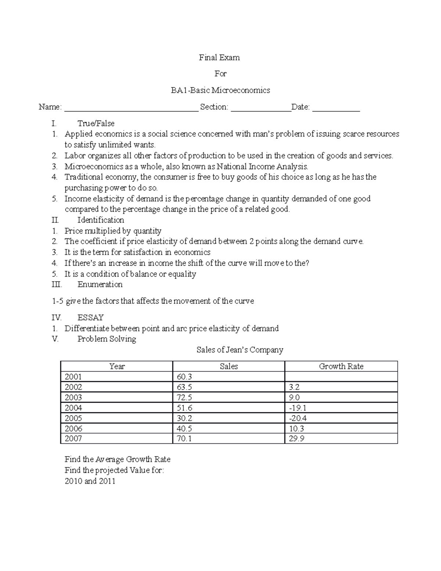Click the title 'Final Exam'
click(x=219, y=57)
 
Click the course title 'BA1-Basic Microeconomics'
click(x=220, y=90)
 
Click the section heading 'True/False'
click(x=96, y=123)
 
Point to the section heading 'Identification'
click(x=101, y=220)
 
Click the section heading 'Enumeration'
click(x=100, y=284)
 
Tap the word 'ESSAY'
click(x=90, y=317)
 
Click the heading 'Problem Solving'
click(x=107, y=339)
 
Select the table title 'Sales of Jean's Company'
click(x=240, y=350)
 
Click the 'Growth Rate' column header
click(x=341, y=366)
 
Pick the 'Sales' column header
click(x=229, y=366)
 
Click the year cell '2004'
click(x=73, y=408)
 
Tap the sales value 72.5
click(x=184, y=397)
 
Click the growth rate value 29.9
click(x=297, y=438)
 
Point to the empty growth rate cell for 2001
click(x=341, y=376)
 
